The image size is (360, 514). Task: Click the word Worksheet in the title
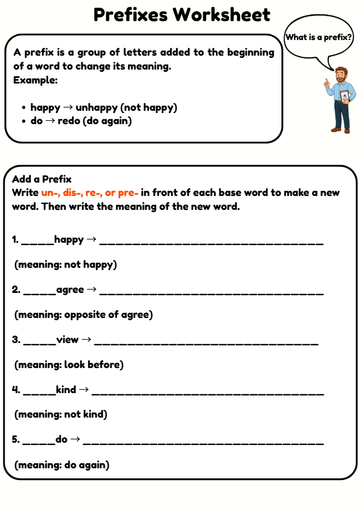221,15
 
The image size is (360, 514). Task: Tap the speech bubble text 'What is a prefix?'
319,38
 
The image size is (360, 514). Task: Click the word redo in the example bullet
69,120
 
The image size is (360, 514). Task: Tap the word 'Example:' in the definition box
36,80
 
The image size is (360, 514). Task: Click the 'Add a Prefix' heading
42,179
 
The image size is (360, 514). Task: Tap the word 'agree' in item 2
70,290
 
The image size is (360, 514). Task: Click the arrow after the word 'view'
87,339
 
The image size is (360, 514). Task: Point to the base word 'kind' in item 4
66,389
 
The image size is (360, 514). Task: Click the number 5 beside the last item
15,439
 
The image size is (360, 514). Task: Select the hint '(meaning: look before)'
69,365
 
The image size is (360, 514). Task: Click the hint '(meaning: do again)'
61,464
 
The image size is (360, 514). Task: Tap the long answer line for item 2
211,292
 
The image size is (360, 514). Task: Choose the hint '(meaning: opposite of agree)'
83,315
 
